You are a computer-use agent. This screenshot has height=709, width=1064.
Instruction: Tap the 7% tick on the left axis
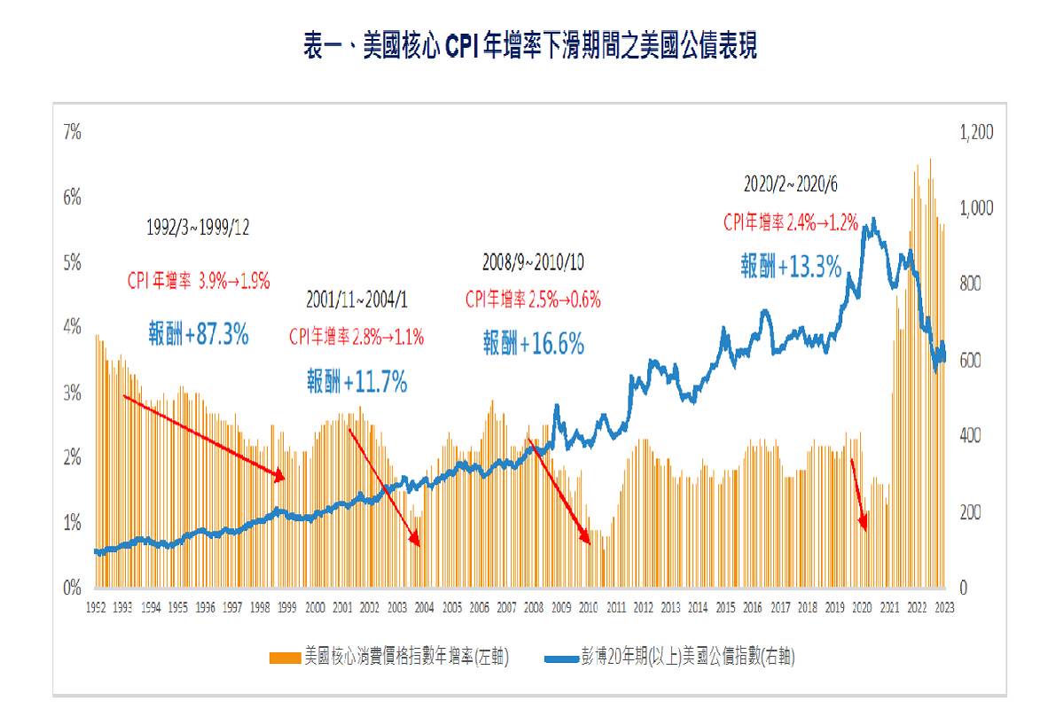tap(72, 133)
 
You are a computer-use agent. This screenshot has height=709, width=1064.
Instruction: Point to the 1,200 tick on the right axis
tap(977, 133)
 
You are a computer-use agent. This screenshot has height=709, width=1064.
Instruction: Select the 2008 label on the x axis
tap(534, 608)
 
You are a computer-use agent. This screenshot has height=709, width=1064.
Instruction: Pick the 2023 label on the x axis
tap(944, 608)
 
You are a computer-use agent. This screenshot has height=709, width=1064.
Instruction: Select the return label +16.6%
tap(533, 344)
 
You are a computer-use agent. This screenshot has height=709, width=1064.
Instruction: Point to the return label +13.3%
tap(791, 266)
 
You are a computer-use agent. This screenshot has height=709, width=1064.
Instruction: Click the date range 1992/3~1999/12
tap(198, 228)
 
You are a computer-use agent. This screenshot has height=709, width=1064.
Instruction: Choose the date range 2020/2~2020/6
tap(790, 184)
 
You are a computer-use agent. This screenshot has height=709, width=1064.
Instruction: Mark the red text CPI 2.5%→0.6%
tap(533, 300)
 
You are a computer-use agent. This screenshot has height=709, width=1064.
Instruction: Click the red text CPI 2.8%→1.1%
tap(356, 338)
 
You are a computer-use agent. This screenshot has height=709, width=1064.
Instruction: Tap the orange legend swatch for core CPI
tap(286, 657)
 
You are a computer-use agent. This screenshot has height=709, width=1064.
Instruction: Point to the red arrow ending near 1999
tap(204, 439)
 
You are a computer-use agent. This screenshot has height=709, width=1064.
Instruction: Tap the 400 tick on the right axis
tap(972, 436)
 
